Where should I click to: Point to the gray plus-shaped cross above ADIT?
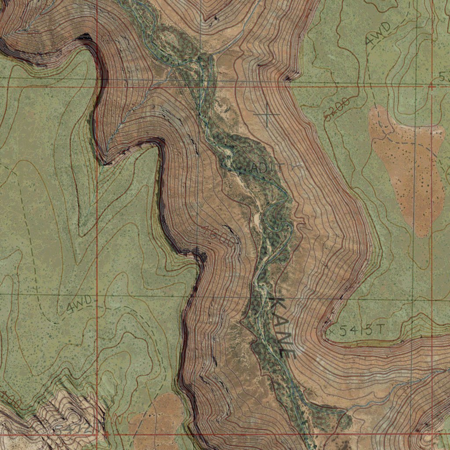click(267, 114)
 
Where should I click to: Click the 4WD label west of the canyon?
click(80, 305)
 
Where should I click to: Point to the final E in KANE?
click(289, 350)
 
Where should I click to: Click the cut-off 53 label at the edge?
click(444, 77)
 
